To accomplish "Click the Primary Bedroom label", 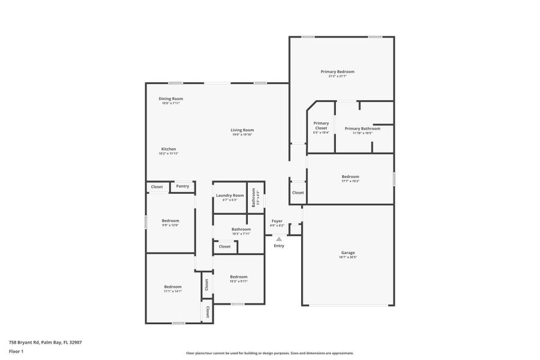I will pyautogui.click(x=341, y=71).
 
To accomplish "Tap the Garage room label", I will pyautogui.click(x=348, y=253).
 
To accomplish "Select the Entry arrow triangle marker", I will pyautogui.click(x=279, y=239).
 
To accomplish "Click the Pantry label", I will pyautogui.click(x=183, y=186).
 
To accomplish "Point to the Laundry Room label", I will pyautogui.click(x=230, y=195).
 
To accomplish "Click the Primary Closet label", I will pyautogui.click(x=321, y=125).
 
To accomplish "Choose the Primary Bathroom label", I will pyautogui.click(x=362, y=128).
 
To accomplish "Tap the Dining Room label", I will pyautogui.click(x=171, y=98).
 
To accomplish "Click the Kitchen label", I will pyautogui.click(x=169, y=149).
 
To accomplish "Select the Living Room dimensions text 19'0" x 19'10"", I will pyautogui.click(x=243, y=134).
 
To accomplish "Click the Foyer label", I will pyautogui.click(x=277, y=221).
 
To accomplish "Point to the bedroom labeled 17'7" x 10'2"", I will pyautogui.click(x=350, y=176).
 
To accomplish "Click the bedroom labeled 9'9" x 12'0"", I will pyautogui.click(x=170, y=221).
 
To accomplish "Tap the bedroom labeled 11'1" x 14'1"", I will pyautogui.click(x=173, y=287).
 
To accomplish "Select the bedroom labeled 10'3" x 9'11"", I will pyautogui.click(x=239, y=277).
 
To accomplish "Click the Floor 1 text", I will pyautogui.click(x=17, y=351).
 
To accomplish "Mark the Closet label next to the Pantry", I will pyautogui.click(x=157, y=187).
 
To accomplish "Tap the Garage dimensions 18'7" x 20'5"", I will pyautogui.click(x=348, y=257).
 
